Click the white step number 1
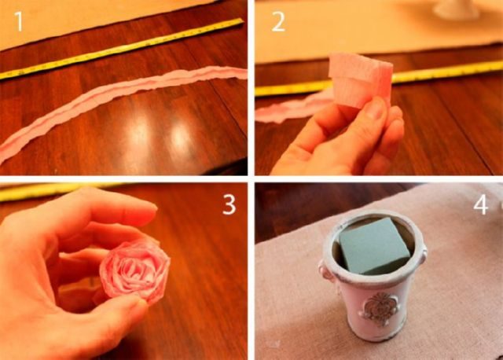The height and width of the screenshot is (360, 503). [x=19, y=21]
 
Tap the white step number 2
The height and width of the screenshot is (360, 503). [x=277, y=22]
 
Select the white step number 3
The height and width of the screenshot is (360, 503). [x=229, y=204]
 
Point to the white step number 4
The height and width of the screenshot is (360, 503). [x=481, y=204]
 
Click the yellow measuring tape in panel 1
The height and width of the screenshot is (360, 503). [x=121, y=48]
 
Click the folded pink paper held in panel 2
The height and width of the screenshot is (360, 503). [x=361, y=80]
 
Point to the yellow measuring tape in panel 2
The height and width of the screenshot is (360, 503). [x=379, y=80]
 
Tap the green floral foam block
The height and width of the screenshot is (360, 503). [x=374, y=244]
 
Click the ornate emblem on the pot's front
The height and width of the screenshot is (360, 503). [x=380, y=309]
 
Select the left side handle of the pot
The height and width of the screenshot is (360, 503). [x=325, y=272]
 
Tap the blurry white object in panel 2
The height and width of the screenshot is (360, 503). [x=457, y=9]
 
